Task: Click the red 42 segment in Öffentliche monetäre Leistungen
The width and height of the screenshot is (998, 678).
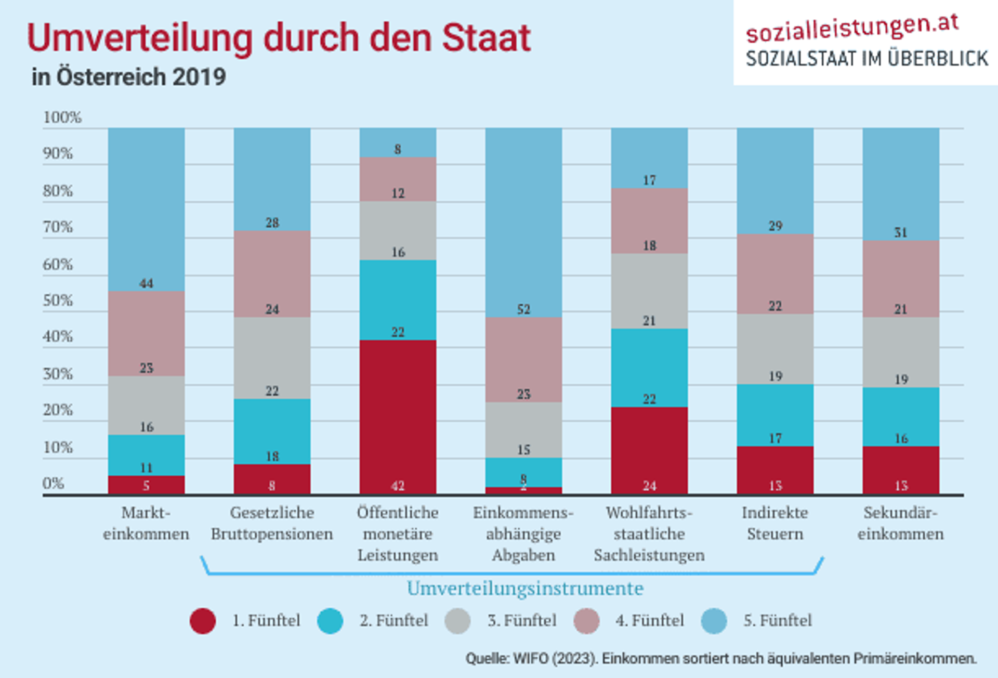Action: tap(398, 416)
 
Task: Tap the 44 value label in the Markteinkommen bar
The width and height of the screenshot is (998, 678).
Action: tap(146, 283)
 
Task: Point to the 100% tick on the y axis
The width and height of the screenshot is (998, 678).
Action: tap(62, 118)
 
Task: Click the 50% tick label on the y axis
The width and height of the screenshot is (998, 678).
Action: tap(58, 301)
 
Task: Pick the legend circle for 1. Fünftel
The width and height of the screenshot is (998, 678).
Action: tap(203, 621)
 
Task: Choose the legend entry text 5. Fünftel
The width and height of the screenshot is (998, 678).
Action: tap(777, 620)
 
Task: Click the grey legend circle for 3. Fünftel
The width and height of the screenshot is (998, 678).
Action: tap(458, 621)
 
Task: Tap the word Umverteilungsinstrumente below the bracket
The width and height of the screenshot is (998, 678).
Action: tap(525, 589)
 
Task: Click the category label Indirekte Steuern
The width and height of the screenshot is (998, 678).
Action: tap(774, 523)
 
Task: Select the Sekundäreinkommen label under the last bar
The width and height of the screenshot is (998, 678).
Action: tap(900, 523)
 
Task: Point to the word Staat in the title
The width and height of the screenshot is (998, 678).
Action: tap(486, 37)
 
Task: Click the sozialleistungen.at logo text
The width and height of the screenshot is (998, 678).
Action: tap(852, 29)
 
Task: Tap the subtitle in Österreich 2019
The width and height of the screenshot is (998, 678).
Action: tap(128, 77)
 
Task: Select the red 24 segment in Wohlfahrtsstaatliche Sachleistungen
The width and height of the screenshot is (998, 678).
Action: tap(649, 450)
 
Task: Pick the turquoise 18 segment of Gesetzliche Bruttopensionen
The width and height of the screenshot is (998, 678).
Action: tap(272, 432)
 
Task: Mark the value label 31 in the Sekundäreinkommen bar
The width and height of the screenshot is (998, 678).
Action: tap(900, 232)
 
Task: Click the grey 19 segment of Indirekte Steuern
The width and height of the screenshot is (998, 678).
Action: tap(774, 349)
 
